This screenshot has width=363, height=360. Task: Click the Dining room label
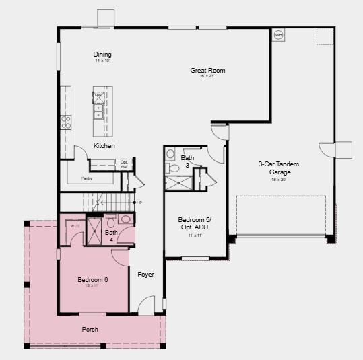tap(102, 55)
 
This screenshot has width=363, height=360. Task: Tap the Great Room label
tap(207, 70)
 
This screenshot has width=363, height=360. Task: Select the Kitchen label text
tap(104, 146)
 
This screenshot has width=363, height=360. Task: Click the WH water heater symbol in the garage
tap(278, 34)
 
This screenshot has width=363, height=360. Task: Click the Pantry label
tap(86, 178)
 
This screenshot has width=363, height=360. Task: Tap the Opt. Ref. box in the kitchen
tap(124, 164)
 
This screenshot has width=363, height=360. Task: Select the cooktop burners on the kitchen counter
tap(66, 122)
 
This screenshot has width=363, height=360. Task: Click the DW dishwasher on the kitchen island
tap(98, 96)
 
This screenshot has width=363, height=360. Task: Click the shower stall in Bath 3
tap(178, 182)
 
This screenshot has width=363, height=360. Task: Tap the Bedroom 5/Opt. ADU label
tap(195, 223)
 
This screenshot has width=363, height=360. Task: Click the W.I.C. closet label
tap(75, 226)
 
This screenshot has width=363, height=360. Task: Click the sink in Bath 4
tap(126, 219)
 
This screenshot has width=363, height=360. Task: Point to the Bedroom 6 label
tap(92, 279)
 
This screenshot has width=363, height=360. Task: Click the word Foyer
tap(146, 274)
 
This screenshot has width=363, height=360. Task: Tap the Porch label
tap(90, 329)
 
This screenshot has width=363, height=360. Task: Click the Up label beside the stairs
tap(139, 202)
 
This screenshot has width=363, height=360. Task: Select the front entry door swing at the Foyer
tap(147, 305)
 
